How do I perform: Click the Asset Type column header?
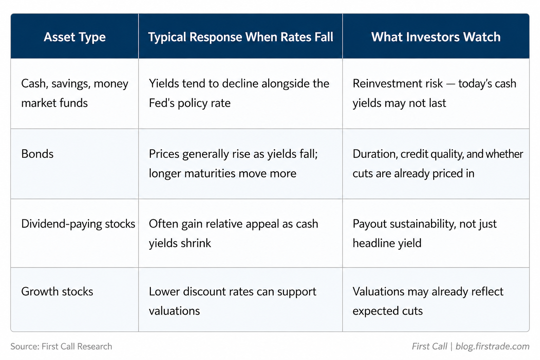coord(75,37)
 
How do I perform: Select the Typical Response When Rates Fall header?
coord(240,37)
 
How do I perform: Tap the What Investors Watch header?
coord(436,37)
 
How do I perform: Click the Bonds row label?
coord(37,154)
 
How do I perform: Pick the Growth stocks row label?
coord(57,291)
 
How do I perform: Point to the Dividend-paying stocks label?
coord(78,224)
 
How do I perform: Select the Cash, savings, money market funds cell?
coord(75,93)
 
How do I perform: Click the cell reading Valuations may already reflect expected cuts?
coord(428,301)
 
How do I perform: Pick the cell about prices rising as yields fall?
coord(233,164)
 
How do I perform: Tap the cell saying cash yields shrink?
coord(233,233)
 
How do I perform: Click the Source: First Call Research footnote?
coord(61,347)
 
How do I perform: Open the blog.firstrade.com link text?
coord(493,347)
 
